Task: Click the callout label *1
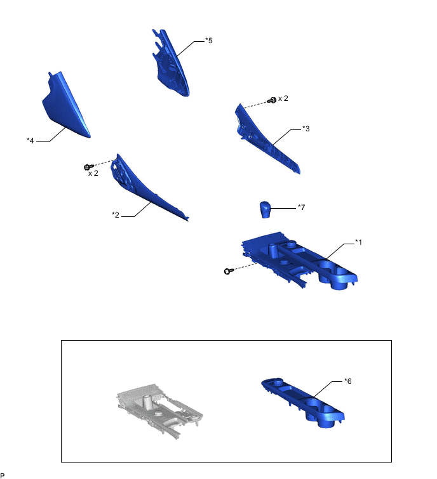[358, 242]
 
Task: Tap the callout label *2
[116, 215]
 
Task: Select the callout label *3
[306, 129]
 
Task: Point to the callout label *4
[30, 140]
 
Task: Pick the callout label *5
[208, 41]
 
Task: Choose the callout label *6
[347, 381]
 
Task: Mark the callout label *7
[302, 207]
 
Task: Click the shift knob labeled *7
[265, 209]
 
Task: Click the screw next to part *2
[88, 167]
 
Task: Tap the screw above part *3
[272, 100]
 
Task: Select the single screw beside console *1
[229, 271]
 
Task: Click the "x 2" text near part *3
[283, 98]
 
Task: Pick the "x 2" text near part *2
[93, 173]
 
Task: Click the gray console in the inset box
[159, 411]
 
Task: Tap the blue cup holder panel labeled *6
[303, 402]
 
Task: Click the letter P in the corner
[3, 475]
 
